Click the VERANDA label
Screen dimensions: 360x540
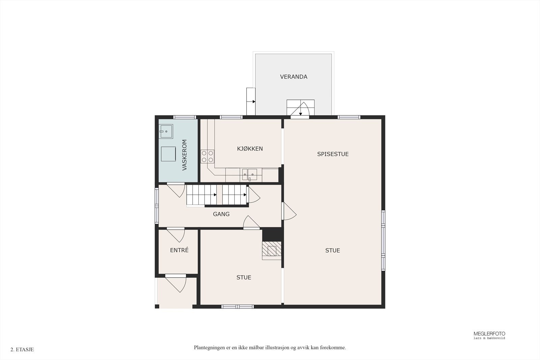pos(294,77)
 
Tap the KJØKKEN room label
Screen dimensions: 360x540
pos(250,148)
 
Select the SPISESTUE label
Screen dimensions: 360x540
pos(333,154)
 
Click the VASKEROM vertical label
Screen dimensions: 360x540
pos(185,155)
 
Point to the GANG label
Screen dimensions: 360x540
pos(221,214)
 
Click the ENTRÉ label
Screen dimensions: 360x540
pos(179,250)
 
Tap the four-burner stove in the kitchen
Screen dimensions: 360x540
pos(208,156)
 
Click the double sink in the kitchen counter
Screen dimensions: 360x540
pos(249,174)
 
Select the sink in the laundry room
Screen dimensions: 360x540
pos(166,132)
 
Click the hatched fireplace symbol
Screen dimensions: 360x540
pos(272,250)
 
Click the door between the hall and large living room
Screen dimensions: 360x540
pos(289,212)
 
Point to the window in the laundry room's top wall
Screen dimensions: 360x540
pos(185,117)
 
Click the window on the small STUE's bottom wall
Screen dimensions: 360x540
pos(237,306)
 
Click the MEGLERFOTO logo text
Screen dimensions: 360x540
pos(489,334)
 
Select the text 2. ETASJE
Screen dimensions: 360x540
pos(22,350)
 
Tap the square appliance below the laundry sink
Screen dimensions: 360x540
pos(168,154)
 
